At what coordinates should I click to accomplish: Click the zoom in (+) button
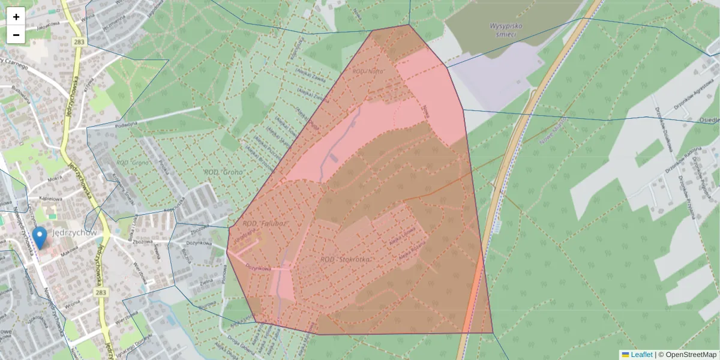[16, 17]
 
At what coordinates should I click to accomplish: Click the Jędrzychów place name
[74, 232]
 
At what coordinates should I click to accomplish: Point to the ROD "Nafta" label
[367, 71]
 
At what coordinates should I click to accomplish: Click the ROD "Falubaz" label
[265, 223]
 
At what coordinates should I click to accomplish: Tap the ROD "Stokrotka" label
[345, 259]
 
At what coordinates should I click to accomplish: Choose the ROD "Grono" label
[223, 172]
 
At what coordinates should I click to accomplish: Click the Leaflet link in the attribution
[641, 355]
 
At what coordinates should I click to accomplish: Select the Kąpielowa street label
[52, 199]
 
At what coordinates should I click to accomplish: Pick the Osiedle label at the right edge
[710, 120]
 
